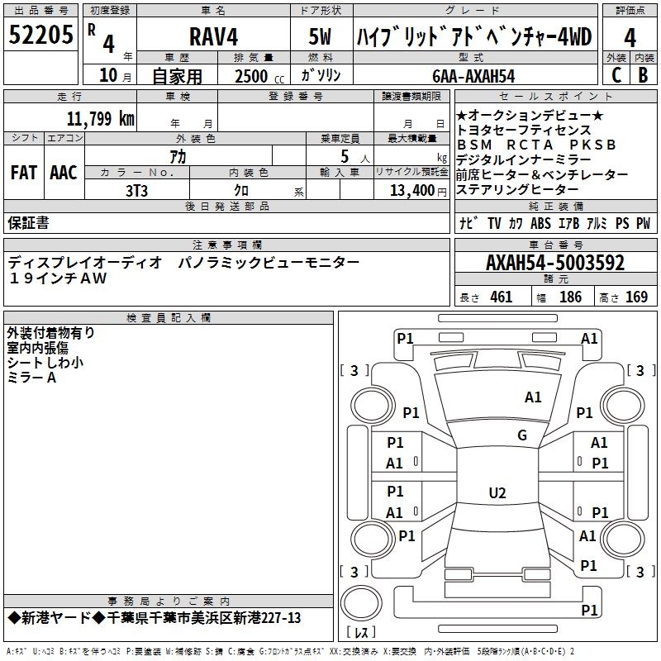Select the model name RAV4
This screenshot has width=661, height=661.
[212, 37]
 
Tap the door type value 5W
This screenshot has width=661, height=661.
[321, 37]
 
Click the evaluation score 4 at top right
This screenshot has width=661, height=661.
[630, 37]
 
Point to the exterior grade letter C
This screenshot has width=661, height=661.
[616, 75]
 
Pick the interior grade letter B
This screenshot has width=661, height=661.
[643, 75]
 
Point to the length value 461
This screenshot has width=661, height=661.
[501, 297]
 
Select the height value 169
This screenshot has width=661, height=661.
[636, 297]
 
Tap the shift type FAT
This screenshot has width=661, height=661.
[23, 173]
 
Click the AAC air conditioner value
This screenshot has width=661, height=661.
[63, 173]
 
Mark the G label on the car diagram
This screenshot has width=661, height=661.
[521, 435]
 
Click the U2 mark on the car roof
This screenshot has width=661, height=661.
[497, 493]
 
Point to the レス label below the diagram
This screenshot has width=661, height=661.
[361, 632]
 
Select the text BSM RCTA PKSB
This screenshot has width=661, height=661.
[536, 145]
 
